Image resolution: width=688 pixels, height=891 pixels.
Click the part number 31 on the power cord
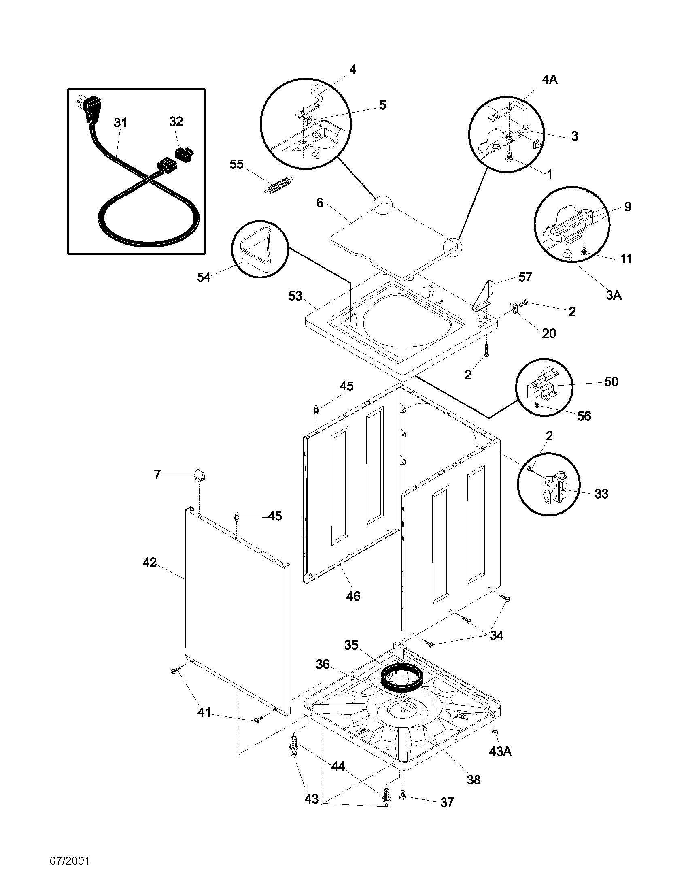(x=121, y=122)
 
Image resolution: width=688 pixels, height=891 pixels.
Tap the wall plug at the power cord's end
(x=91, y=108)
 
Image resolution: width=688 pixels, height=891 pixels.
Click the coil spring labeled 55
(x=280, y=184)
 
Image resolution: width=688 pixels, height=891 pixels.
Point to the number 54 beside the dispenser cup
(x=204, y=277)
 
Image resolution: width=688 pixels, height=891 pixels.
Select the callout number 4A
(x=550, y=79)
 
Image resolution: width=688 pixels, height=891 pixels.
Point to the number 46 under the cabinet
(x=353, y=596)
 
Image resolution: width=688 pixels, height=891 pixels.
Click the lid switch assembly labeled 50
(x=541, y=384)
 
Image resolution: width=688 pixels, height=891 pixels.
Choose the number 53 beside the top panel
(x=295, y=296)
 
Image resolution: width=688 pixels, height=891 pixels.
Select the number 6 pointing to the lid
(x=320, y=203)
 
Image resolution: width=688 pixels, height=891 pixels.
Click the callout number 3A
(x=613, y=295)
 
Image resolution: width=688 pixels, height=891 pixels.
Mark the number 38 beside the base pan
(x=474, y=780)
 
